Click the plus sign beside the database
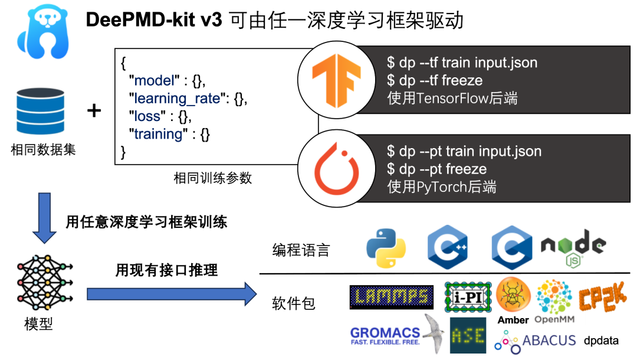[x=94, y=110]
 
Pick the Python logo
[x=386, y=247]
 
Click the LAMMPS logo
[x=391, y=297]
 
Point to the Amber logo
[x=513, y=295]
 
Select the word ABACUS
[x=549, y=340]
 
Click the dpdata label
[x=601, y=341]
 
